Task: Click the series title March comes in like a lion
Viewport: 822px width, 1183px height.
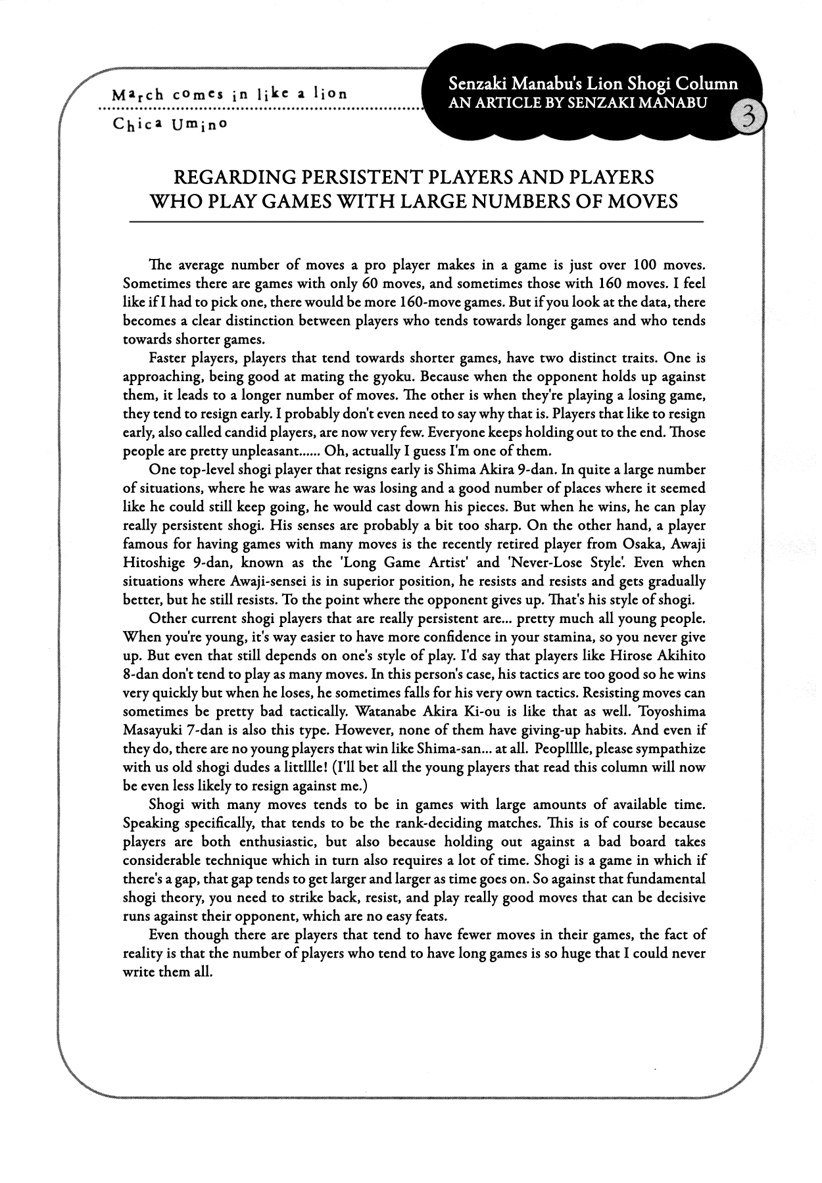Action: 230,93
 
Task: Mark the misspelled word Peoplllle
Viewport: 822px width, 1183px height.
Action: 559,748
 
